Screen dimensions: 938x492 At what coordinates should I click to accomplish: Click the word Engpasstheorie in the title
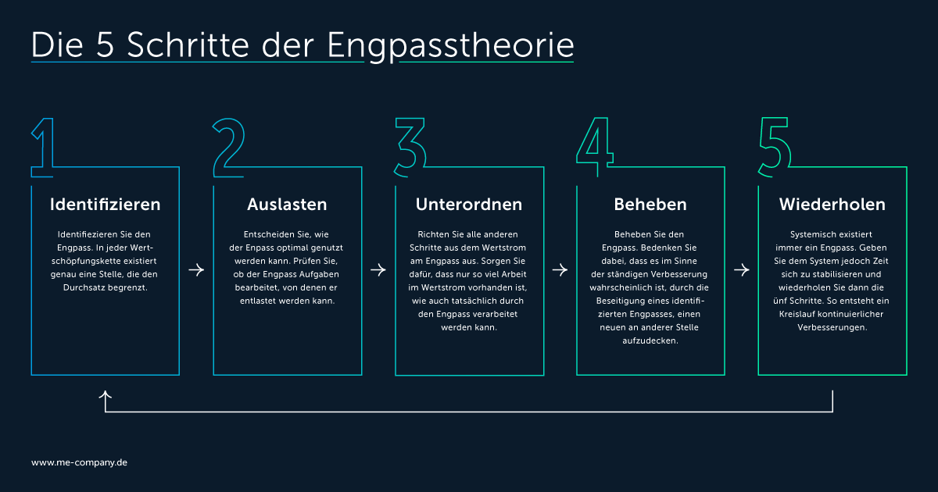[450, 46]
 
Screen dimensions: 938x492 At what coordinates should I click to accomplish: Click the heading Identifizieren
[105, 205]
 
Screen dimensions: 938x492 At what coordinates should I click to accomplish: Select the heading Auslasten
[288, 205]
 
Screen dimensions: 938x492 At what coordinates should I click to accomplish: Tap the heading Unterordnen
[469, 205]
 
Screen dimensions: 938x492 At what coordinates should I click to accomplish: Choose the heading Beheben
[650, 205]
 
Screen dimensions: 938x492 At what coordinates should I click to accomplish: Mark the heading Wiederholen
[832, 205]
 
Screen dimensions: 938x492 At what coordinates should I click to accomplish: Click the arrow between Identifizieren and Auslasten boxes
[196, 270]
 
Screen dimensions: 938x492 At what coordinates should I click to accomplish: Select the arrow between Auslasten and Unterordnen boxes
[378, 270]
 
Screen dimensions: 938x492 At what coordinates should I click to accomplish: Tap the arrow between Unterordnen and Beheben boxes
[560, 270]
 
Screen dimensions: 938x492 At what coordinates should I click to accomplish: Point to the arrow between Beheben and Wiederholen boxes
[742, 270]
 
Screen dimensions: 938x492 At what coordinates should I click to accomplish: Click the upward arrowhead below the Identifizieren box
[105, 394]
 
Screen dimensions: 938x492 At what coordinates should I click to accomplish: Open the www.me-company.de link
[79, 462]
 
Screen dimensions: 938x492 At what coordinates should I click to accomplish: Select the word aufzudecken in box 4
[650, 341]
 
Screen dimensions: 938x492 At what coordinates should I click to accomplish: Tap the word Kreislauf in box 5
[797, 314]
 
